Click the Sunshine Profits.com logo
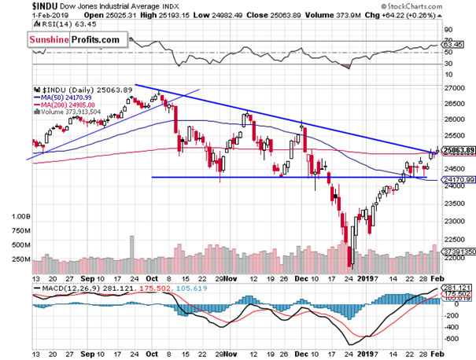74,39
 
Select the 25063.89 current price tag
456,151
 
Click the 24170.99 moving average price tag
456,179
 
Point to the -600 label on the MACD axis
450,339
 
